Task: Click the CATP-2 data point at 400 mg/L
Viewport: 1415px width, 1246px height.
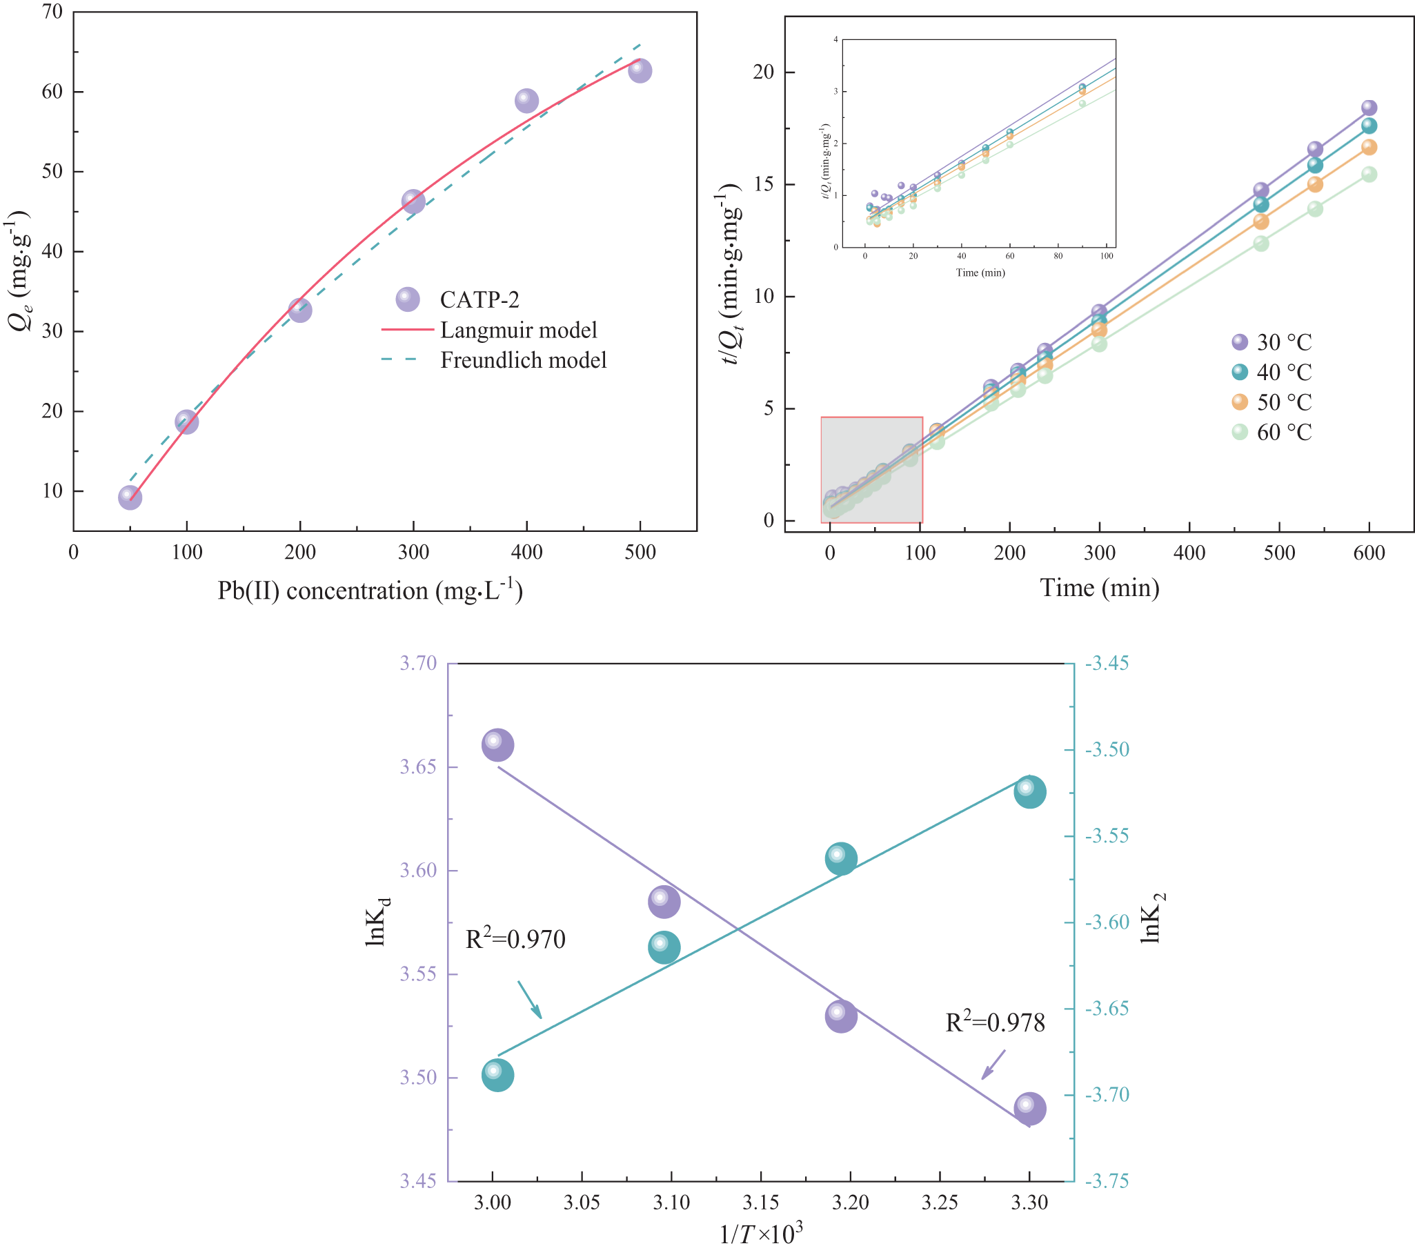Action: click(x=526, y=101)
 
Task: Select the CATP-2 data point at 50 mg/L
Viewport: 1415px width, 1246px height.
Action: click(x=130, y=497)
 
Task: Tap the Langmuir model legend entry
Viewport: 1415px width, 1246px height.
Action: click(x=518, y=330)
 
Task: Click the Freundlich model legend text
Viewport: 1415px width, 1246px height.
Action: click(x=524, y=360)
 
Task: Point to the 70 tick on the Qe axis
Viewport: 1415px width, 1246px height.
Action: click(x=52, y=12)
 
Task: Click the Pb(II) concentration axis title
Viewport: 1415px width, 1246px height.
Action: click(x=370, y=591)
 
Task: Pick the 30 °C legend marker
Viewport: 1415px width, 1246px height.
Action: click(x=1239, y=342)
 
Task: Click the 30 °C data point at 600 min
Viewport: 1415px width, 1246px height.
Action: click(x=1369, y=108)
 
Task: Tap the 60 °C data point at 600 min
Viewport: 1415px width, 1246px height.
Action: click(x=1369, y=175)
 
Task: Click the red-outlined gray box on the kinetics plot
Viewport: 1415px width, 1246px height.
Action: click(x=871, y=469)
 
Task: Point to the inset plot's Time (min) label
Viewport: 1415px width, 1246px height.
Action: click(x=980, y=273)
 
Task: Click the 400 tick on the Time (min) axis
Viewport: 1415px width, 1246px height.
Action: click(x=1189, y=553)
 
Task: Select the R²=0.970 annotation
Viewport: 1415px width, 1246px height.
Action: click(x=515, y=940)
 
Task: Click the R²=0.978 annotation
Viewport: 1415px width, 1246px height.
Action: click(x=995, y=1022)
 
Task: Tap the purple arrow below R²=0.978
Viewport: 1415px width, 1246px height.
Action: click(x=993, y=1065)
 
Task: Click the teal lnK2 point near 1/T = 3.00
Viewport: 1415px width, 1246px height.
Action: click(x=497, y=1075)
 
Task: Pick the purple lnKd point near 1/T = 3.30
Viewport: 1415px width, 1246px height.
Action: click(x=1029, y=1108)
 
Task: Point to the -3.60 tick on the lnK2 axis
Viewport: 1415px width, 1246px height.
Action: click(x=1106, y=922)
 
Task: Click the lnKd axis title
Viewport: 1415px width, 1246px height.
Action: click(x=377, y=922)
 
